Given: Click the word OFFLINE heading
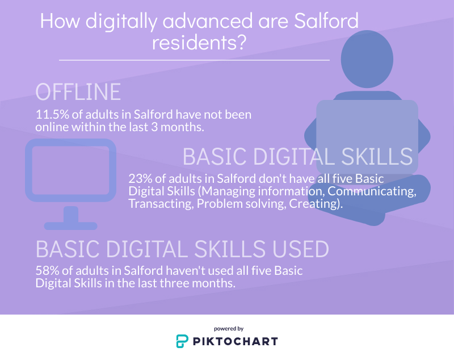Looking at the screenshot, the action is pyautogui.click(x=78, y=92).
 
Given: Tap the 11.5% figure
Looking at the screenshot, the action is pyautogui.click(x=52, y=115).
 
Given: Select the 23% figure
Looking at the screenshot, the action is pyautogui.click(x=140, y=179).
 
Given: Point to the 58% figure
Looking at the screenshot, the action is pyautogui.click(x=47, y=271).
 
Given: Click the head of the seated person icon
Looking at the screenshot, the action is pyautogui.click(x=367, y=59).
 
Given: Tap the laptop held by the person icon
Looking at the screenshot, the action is pyautogui.click(x=367, y=137).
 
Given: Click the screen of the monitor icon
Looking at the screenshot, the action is pyautogui.click(x=70, y=170).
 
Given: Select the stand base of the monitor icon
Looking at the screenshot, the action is pyautogui.click(x=70, y=226).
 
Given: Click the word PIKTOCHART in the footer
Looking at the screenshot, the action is pyautogui.click(x=236, y=341).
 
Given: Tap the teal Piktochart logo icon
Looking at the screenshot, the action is pyautogui.click(x=182, y=341).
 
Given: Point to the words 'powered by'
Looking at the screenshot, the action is pyautogui.click(x=229, y=329).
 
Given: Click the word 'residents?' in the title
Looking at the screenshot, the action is pyautogui.click(x=199, y=42).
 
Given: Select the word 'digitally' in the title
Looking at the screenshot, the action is pyautogui.click(x=121, y=21).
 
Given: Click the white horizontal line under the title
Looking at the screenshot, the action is pyautogui.click(x=194, y=60).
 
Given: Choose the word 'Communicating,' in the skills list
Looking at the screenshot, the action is pyautogui.click(x=372, y=191).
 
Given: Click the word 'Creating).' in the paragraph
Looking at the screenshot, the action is pyautogui.click(x=316, y=204).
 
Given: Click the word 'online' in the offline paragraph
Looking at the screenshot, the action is pyautogui.click(x=52, y=127).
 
